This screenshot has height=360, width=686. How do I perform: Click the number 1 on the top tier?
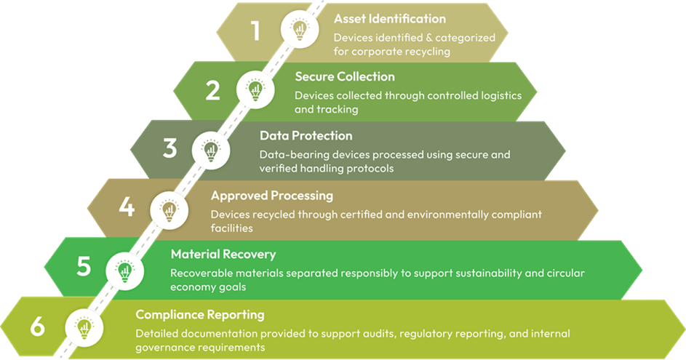255,31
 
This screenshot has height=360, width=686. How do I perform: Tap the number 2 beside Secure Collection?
212,90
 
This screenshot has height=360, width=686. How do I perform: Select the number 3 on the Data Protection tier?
169,149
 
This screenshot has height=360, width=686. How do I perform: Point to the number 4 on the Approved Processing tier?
127,208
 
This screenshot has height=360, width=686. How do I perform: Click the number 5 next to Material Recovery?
84,267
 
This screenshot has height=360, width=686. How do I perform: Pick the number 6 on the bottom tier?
37,327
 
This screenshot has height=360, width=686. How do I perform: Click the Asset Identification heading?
389,18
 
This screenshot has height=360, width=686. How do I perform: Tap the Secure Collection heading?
345,76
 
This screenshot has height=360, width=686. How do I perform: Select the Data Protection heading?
306,136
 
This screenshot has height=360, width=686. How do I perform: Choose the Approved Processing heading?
271,196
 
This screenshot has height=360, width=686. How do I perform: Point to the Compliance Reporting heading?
199,315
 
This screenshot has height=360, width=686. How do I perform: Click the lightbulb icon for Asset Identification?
299,31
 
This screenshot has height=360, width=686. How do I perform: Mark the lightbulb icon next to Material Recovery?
125,269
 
